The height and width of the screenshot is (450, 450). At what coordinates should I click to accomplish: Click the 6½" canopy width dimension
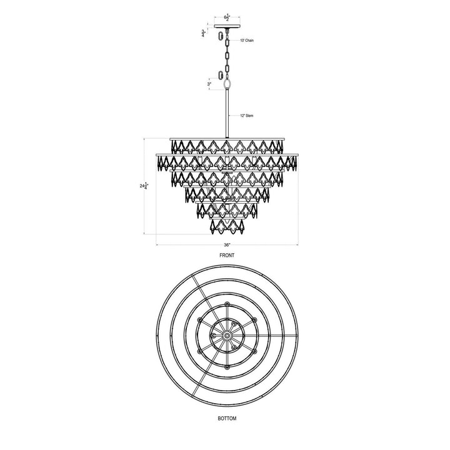click(226, 19)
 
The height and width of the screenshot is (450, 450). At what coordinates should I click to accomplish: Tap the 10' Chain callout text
click(247, 41)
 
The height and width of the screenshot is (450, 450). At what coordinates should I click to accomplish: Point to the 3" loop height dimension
click(210, 82)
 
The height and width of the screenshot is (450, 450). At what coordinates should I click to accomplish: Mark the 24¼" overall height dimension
click(145, 186)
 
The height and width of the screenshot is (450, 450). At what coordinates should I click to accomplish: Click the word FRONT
click(226, 257)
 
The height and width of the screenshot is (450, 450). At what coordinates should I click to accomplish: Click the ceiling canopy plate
click(226, 26)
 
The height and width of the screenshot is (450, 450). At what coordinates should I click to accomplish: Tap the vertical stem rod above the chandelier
click(226, 112)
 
